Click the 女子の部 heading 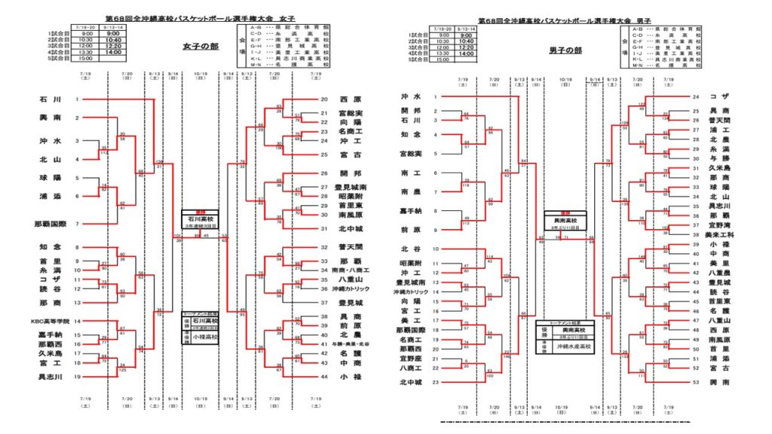point(200,45)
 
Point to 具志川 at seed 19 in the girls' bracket point(50,376)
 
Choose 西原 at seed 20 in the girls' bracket point(347,99)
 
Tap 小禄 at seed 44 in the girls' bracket point(347,376)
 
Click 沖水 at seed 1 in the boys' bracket point(410,96)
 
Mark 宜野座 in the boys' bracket point(409,359)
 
